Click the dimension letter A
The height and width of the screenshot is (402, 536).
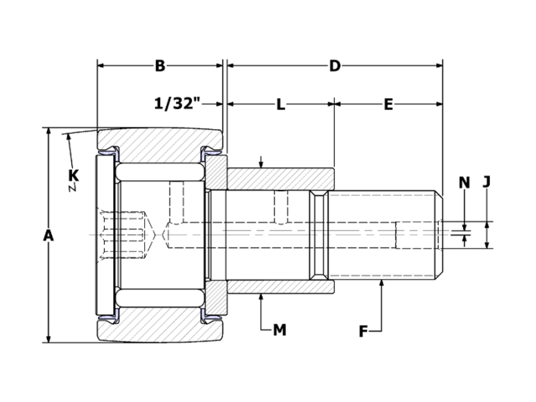tap(48, 236)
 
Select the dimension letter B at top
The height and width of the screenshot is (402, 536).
tap(160, 66)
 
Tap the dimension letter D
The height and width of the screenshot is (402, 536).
tap(334, 66)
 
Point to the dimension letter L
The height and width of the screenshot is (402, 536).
tap(281, 105)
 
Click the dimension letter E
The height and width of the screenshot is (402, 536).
tap(389, 105)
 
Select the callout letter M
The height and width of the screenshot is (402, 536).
tap(280, 330)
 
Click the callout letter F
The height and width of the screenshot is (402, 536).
tap(363, 331)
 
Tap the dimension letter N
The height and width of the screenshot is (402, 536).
tap(465, 183)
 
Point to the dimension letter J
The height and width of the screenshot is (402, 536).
tap(487, 183)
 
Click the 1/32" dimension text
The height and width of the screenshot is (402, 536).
tap(178, 105)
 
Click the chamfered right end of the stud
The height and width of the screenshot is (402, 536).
tap(439, 235)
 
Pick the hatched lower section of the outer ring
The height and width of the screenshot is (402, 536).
tap(159, 330)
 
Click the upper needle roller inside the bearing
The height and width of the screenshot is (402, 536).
tap(159, 173)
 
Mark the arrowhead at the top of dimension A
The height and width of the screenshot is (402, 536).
tap(49, 132)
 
